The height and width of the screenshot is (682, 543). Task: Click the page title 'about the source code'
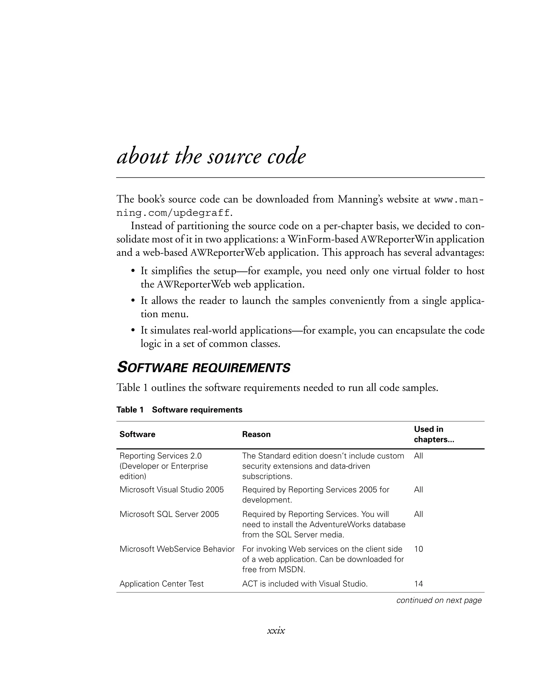(x=211, y=156)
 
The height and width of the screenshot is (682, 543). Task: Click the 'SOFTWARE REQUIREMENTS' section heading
(x=203, y=368)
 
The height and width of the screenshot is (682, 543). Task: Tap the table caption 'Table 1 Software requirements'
(x=179, y=410)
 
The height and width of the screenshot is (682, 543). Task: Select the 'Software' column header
(x=137, y=434)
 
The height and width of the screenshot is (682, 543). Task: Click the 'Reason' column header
(x=256, y=434)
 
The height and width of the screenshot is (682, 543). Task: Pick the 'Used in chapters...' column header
(x=434, y=434)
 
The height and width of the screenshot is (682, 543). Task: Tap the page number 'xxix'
(x=276, y=630)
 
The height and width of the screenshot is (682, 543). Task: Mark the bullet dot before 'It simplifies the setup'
(x=133, y=271)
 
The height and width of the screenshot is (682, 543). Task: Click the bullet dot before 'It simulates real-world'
(x=133, y=331)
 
